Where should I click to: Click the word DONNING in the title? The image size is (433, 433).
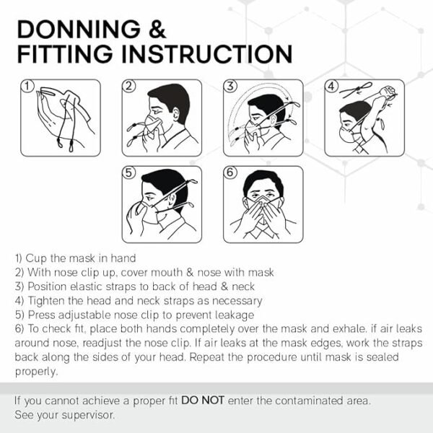click(x=79, y=30)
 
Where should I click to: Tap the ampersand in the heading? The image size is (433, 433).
click(x=157, y=30)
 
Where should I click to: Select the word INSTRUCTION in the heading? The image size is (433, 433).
click(x=207, y=54)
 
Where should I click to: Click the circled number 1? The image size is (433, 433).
click(x=27, y=86)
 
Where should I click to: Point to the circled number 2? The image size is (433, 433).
click(x=129, y=86)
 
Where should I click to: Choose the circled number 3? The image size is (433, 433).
click(x=230, y=86)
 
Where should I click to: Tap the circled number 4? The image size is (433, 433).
click(x=332, y=86)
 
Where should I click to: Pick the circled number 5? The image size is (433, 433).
click(x=129, y=172)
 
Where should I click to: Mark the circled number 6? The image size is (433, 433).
click(x=230, y=172)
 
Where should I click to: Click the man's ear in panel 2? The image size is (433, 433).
click(x=175, y=114)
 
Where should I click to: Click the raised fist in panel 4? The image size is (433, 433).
click(x=389, y=92)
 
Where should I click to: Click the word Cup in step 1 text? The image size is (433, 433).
click(x=36, y=259)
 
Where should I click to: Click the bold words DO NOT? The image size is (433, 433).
click(x=202, y=401)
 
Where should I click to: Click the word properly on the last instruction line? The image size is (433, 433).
click(x=36, y=372)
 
